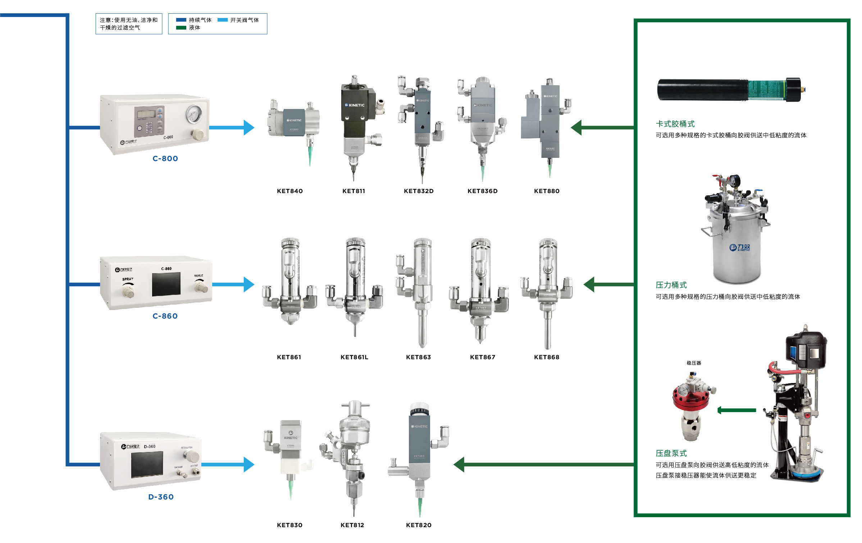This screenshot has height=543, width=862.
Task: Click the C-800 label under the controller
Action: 165,159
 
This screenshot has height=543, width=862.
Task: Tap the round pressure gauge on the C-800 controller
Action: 193,114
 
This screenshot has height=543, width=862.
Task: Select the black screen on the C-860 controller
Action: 166,284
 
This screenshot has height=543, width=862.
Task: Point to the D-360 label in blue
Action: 161,497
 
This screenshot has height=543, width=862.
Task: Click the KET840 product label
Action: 289,191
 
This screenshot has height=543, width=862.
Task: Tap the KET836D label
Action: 482,191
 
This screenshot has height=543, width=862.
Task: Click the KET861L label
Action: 354,357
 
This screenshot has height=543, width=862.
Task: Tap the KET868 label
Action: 546,357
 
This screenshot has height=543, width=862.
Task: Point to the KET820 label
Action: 419,525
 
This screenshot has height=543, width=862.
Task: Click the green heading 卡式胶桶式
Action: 675,124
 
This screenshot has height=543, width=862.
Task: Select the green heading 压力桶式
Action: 671,285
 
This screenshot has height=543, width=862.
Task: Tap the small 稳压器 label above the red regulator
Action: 694,363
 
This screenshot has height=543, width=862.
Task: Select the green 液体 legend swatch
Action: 181,28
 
